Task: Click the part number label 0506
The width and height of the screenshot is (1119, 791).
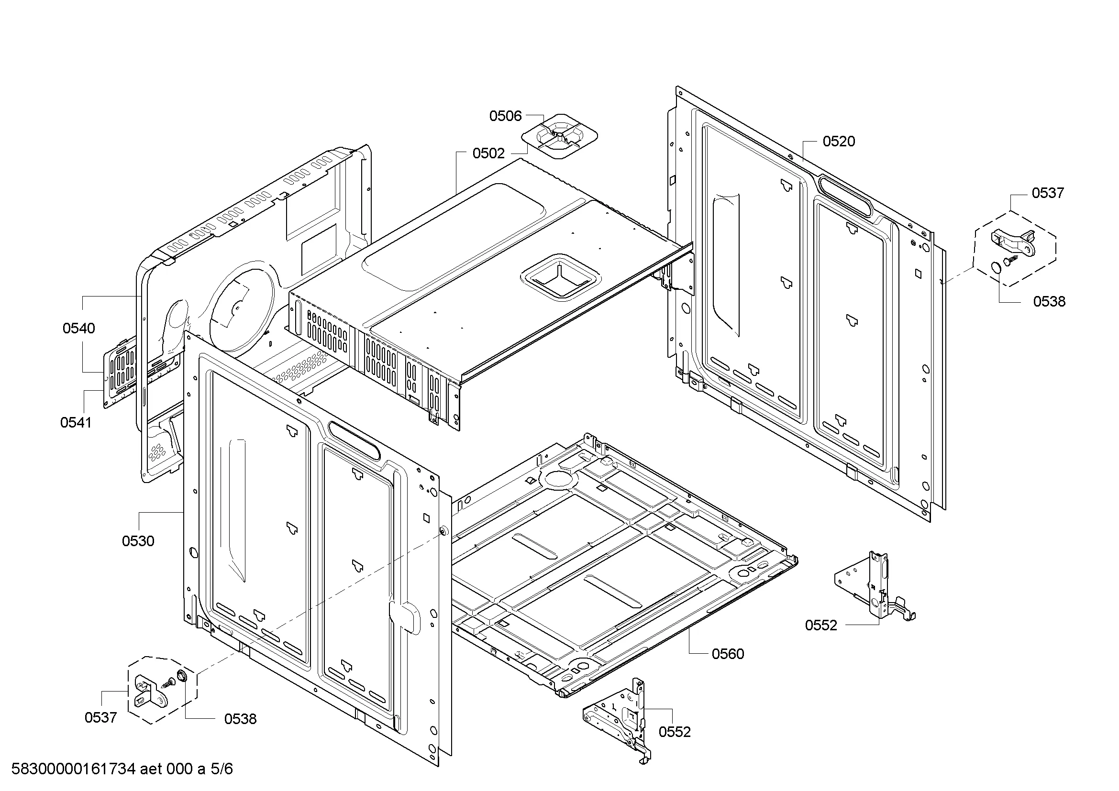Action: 505,116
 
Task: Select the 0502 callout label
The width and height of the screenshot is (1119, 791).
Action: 488,154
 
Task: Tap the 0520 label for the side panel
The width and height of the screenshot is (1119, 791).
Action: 839,141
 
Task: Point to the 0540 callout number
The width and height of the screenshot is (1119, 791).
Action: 78,328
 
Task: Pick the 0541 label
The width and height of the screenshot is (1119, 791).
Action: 76,422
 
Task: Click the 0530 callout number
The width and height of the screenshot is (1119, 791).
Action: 138,541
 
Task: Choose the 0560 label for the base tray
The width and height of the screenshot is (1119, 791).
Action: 728,654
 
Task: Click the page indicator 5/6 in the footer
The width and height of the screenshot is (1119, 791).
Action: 222,769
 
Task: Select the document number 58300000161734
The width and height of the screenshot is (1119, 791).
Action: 73,769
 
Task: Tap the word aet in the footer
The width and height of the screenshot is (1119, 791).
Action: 152,769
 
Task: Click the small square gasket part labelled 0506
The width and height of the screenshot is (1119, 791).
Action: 560,136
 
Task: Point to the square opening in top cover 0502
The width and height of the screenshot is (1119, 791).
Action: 561,275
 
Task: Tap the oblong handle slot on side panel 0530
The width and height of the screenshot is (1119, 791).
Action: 354,440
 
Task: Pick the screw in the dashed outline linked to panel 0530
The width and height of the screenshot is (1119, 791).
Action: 168,683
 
